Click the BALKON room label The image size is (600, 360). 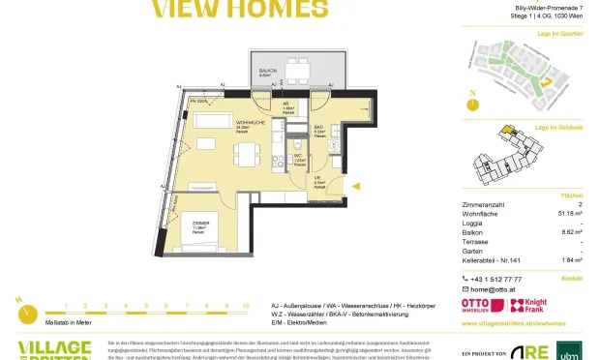(267, 71)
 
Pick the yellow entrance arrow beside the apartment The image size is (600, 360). (355, 184)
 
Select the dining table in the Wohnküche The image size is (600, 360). (246, 152)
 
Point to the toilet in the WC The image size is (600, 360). (301, 169)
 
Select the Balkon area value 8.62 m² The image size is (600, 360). (572, 233)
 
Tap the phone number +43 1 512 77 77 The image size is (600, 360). (499, 278)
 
